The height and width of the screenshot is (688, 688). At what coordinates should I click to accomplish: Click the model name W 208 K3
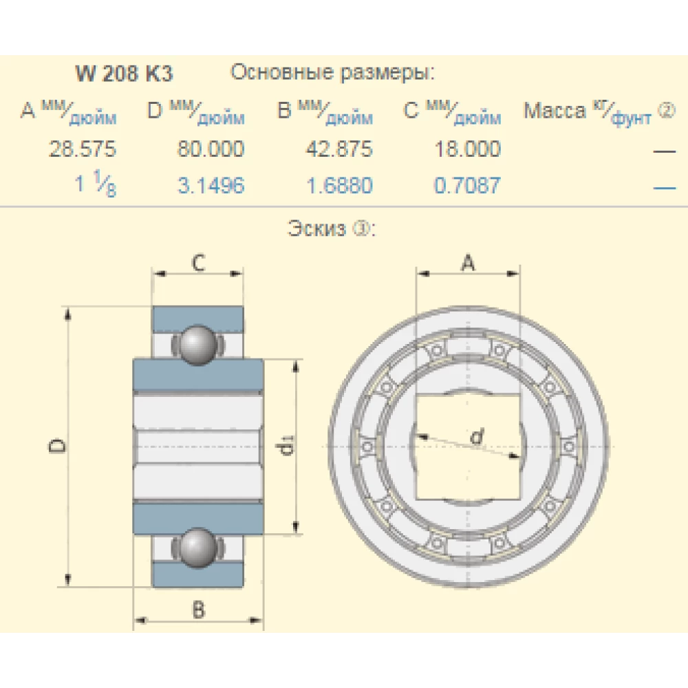click(124, 74)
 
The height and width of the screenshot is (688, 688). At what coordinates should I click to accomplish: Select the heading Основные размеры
click(332, 72)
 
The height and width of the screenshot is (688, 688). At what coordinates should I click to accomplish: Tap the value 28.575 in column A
click(83, 149)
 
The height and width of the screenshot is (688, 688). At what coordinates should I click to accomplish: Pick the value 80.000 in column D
click(211, 149)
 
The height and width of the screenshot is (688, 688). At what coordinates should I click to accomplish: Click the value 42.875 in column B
click(339, 149)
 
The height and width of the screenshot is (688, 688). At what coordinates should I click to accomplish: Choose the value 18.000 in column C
click(468, 149)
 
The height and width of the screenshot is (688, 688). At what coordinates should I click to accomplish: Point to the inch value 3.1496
click(211, 185)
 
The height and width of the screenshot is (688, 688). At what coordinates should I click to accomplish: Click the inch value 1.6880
click(339, 185)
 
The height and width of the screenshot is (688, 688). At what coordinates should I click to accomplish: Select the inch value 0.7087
click(468, 185)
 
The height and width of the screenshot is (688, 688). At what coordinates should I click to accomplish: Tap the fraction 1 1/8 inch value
click(96, 186)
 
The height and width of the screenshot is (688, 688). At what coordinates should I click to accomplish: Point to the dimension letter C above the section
click(197, 263)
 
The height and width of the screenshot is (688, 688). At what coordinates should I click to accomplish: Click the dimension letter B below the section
click(198, 609)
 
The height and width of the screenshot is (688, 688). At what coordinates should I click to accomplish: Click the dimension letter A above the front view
click(467, 262)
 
